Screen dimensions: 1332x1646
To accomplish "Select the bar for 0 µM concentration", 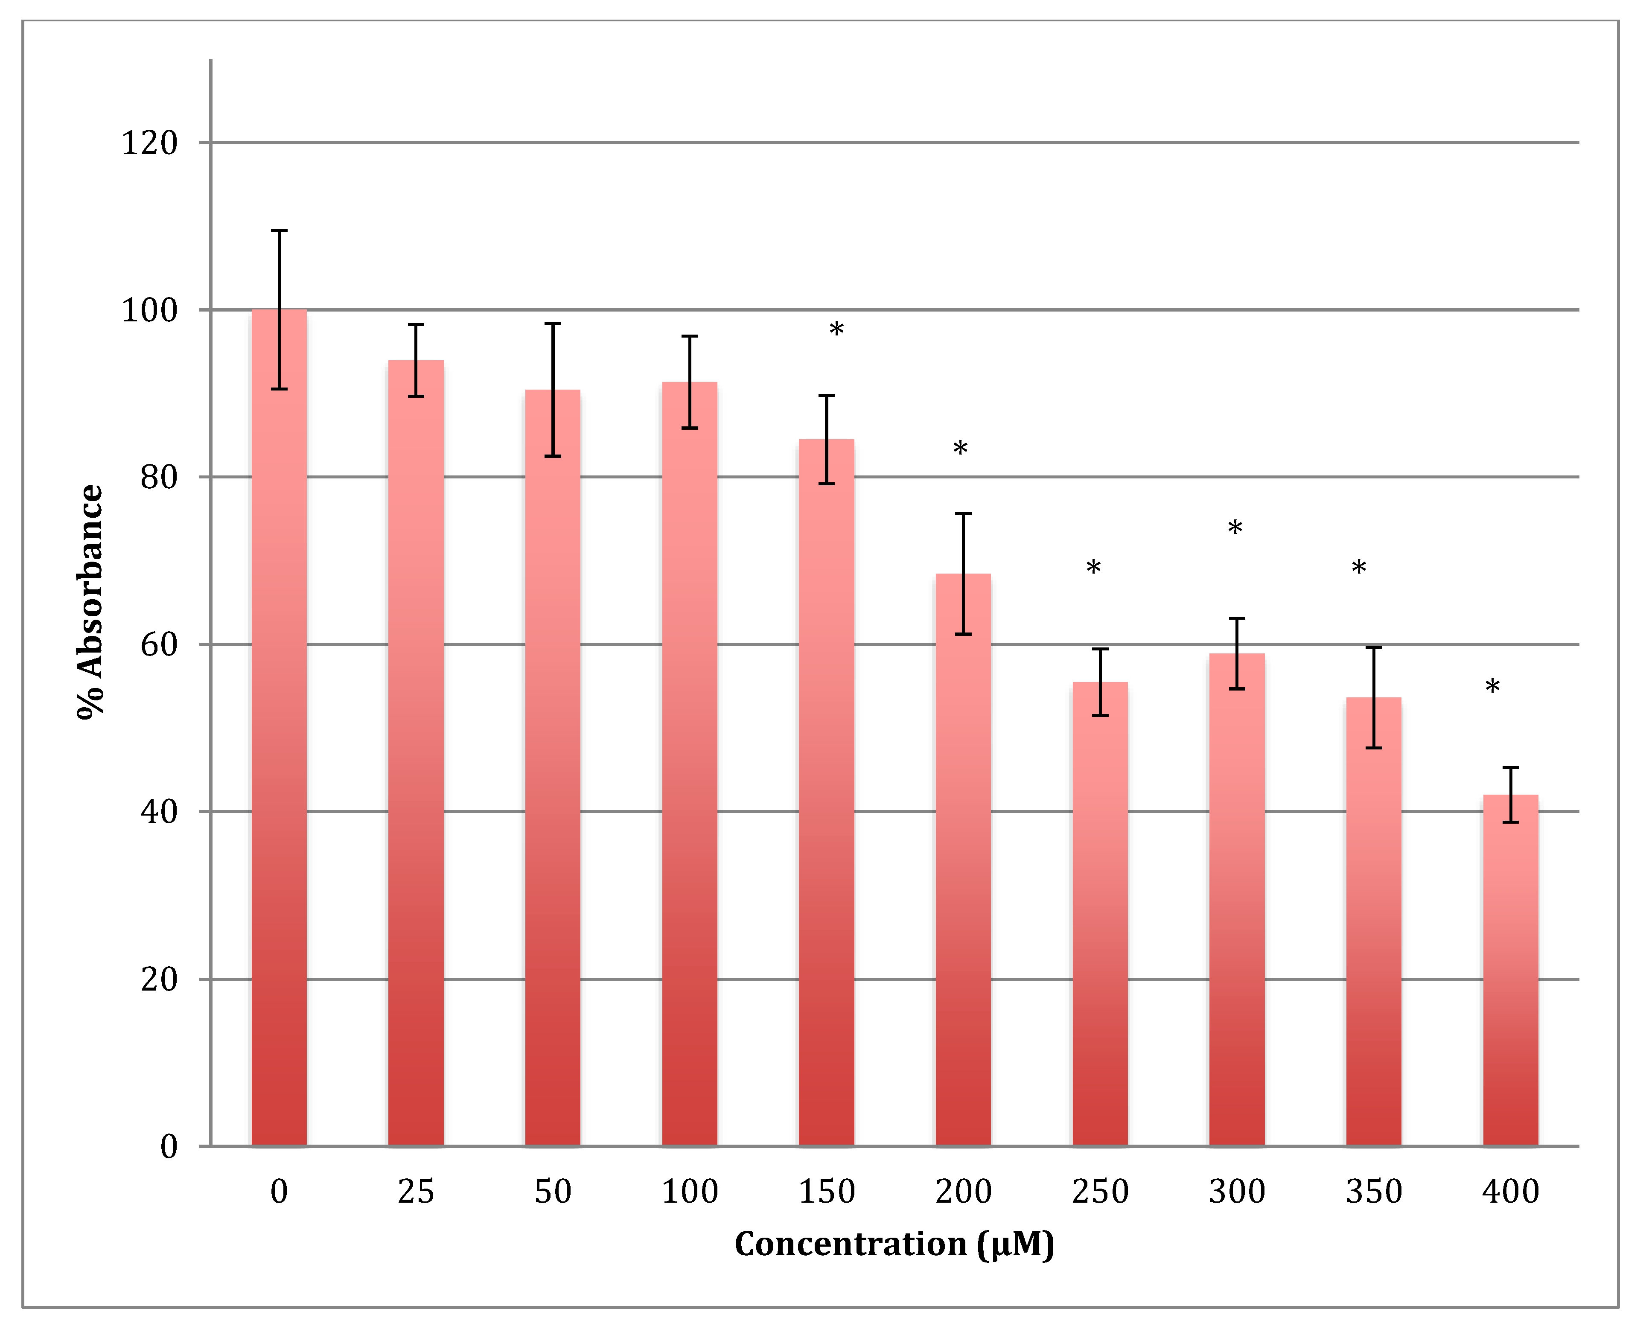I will [279, 729].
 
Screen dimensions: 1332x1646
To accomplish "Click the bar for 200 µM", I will [963, 860].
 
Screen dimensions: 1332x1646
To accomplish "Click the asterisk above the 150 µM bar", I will [836, 331].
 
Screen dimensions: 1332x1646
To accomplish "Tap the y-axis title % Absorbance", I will [90, 602].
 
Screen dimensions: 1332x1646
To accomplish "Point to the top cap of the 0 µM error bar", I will [279, 230].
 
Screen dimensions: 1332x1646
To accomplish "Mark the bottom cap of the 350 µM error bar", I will [1374, 747].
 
